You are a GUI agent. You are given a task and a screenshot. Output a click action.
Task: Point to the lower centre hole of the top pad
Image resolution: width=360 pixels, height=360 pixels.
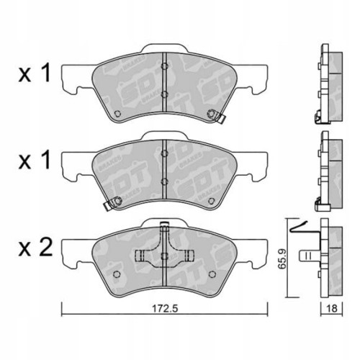[165, 94]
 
